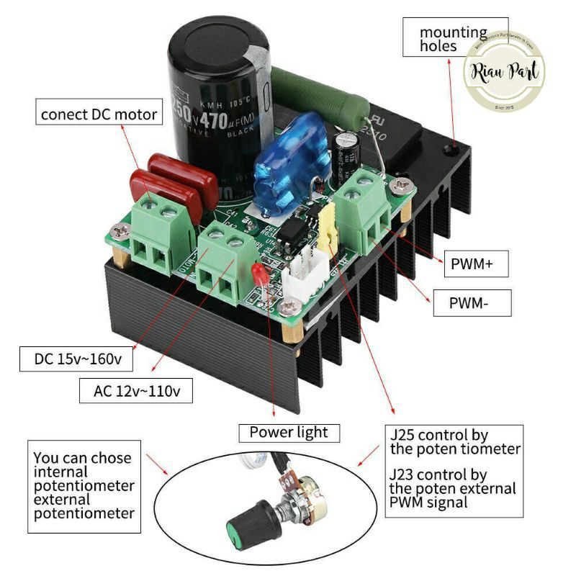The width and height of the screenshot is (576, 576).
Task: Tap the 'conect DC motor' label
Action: point(99,113)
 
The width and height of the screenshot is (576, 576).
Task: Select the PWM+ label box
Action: point(472,264)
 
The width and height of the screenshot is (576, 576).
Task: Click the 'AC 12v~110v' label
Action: point(138,392)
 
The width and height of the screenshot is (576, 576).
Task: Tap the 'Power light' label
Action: point(288,432)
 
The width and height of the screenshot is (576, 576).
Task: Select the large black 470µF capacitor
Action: point(218,101)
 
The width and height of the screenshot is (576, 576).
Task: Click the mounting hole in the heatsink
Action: point(452,148)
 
